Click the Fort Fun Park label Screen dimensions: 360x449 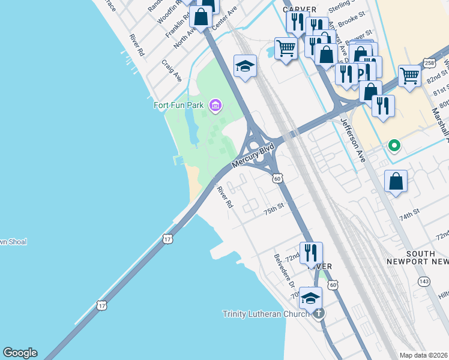click(x=179, y=106)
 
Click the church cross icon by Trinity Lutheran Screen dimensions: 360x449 click(x=319, y=313)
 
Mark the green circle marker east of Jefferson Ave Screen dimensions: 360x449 click(x=394, y=145)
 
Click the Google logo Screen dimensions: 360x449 click(x=20, y=353)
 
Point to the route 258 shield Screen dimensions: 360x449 click(x=429, y=62)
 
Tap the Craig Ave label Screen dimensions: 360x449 click(x=172, y=70)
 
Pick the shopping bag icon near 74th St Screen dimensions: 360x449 click(x=396, y=181)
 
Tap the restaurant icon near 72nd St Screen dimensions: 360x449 click(x=311, y=253)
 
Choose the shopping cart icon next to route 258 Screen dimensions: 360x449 click(x=409, y=76)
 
